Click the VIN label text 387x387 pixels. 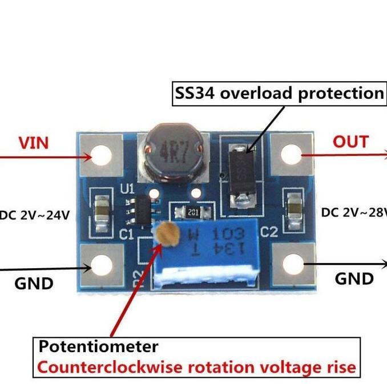(x=34, y=142)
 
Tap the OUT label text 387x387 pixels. (x=350, y=141)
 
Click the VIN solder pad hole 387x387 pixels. (x=103, y=155)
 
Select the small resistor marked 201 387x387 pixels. (x=192, y=212)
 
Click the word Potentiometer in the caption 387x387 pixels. (x=98, y=346)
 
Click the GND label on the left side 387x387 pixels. (x=34, y=283)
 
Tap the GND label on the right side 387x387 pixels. (x=354, y=278)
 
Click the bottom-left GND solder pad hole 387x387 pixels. (x=103, y=265)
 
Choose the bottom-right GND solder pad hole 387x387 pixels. (x=293, y=264)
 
